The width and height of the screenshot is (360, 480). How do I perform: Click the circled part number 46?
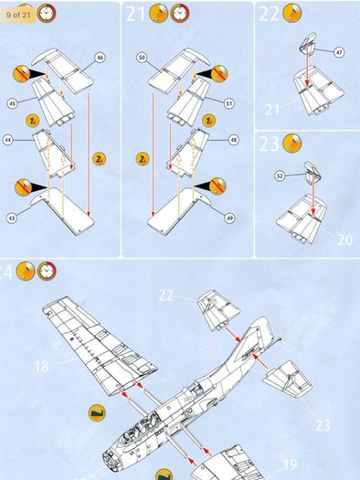point(100,58)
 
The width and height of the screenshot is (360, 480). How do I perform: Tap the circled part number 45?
point(12,103)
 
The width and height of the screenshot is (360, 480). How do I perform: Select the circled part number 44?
point(8,140)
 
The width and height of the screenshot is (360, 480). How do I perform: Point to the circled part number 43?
point(12,218)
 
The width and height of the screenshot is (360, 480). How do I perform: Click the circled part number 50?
point(142,58)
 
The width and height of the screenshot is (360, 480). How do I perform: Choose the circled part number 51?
point(229,103)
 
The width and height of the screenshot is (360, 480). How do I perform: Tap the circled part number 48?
point(234,140)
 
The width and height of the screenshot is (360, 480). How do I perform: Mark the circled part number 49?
point(229,218)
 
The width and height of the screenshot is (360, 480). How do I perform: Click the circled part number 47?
point(339,52)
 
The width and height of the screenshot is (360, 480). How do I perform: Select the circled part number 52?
point(280,176)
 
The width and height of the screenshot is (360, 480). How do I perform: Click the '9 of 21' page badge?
point(17,15)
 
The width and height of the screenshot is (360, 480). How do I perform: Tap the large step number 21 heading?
point(135,14)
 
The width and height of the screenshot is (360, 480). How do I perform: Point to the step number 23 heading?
point(270,144)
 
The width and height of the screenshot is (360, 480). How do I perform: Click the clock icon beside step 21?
point(180,14)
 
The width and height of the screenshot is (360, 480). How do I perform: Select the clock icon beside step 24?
point(47,271)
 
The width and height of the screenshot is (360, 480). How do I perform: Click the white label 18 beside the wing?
point(42,367)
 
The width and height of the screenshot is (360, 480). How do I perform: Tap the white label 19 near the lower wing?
point(290,464)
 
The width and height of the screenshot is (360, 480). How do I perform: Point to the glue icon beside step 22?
point(292,13)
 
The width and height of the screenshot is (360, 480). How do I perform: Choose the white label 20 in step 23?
point(345,240)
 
